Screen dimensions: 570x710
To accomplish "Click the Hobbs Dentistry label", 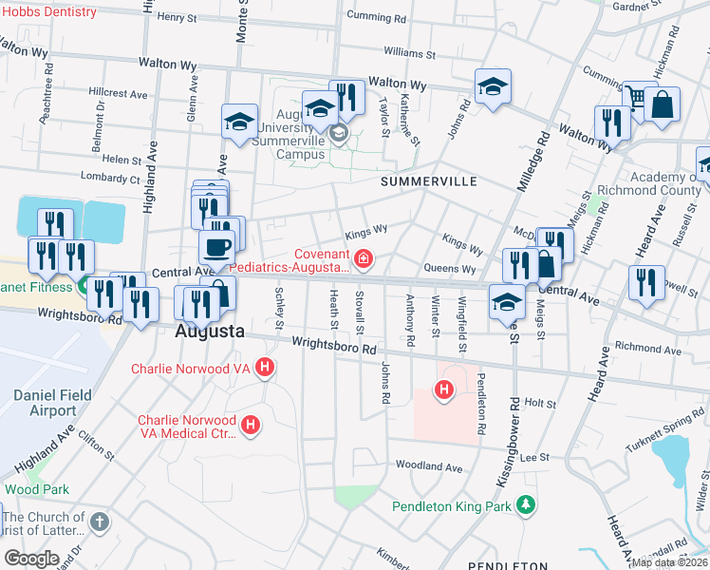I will tap(48, 12).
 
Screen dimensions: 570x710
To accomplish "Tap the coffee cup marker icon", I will tap(216, 248).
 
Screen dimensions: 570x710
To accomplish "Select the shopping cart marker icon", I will tap(637, 98).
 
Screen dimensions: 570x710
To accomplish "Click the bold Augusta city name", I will tap(210, 332).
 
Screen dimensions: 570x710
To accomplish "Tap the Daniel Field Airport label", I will tap(45, 402).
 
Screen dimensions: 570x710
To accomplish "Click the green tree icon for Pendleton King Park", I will tap(523, 504).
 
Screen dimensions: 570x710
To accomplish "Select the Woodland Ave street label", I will tap(428, 466).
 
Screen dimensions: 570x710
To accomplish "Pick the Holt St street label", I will tap(539, 404).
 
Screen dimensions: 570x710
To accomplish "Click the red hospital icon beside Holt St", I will tap(442, 389).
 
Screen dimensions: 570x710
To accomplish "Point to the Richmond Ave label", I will tap(648, 351).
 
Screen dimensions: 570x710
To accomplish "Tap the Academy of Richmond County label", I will tap(653, 184).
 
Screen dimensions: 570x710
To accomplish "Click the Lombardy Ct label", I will tap(110, 178).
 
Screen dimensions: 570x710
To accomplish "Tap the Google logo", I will tap(31, 558).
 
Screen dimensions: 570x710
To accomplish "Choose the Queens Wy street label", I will tap(450, 269).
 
